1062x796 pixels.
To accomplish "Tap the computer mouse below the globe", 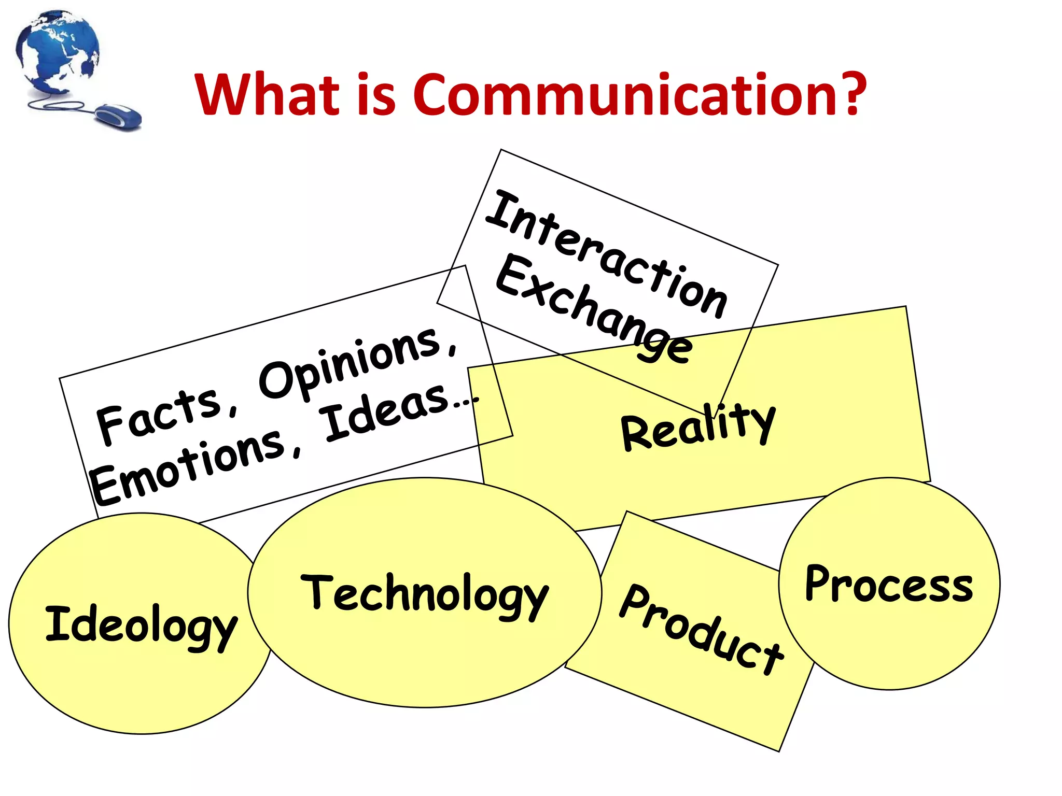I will (x=119, y=117).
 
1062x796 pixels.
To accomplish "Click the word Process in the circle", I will (x=889, y=584).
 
